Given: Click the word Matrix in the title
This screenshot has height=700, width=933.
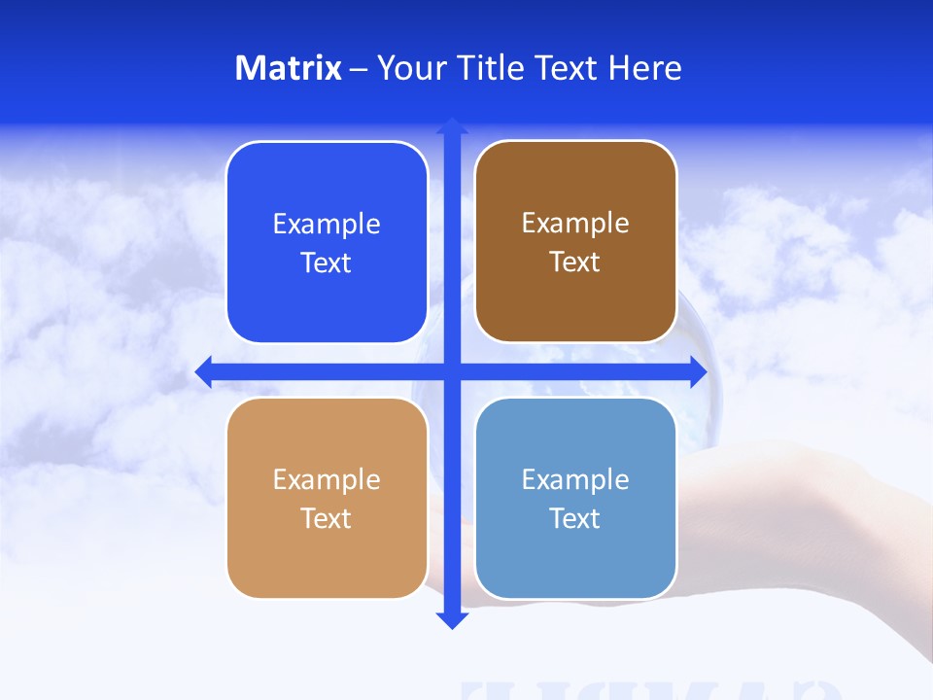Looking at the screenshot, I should coord(289,68).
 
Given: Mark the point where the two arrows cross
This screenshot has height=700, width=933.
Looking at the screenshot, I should coord(452,371).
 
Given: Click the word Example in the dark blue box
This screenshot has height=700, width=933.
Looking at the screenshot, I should coord(327,225).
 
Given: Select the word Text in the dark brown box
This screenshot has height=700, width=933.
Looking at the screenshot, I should coord(575,262).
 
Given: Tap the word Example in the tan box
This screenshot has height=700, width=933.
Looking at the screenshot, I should coord(327,480).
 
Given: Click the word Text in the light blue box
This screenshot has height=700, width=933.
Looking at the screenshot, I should coord(575,519).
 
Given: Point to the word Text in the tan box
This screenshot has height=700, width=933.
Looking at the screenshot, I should coord(327,519).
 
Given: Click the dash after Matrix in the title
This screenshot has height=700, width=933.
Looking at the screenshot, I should coord(359,69).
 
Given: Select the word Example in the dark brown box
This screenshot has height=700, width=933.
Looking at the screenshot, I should coord(575,224).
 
